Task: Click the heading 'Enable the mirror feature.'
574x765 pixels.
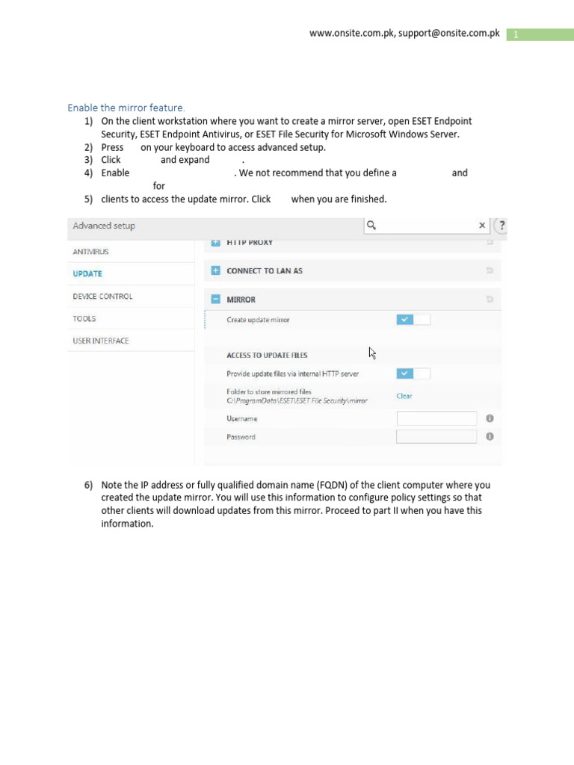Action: pyautogui.click(x=126, y=108)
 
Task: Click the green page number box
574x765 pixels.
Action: pyautogui.click(x=540, y=35)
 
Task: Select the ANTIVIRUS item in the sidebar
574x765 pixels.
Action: pyautogui.click(x=90, y=252)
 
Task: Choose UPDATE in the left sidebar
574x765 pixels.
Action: pyautogui.click(x=87, y=273)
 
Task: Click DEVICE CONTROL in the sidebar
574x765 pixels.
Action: pyautogui.click(x=102, y=296)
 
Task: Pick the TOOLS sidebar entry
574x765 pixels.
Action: pyautogui.click(x=84, y=318)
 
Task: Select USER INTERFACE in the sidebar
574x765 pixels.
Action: pyautogui.click(x=101, y=341)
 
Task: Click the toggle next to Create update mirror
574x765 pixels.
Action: pyautogui.click(x=413, y=320)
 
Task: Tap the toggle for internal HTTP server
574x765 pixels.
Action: pyautogui.click(x=413, y=374)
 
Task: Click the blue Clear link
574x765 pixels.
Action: pyautogui.click(x=404, y=396)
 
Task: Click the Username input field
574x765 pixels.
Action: pyautogui.click(x=436, y=418)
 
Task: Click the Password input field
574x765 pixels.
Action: pyautogui.click(x=436, y=437)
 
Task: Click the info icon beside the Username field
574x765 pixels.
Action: pyautogui.click(x=490, y=418)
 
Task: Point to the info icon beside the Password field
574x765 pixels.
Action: pyautogui.click(x=490, y=437)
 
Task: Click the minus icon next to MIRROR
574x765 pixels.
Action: pyautogui.click(x=216, y=300)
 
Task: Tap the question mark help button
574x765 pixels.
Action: pyautogui.click(x=502, y=226)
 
